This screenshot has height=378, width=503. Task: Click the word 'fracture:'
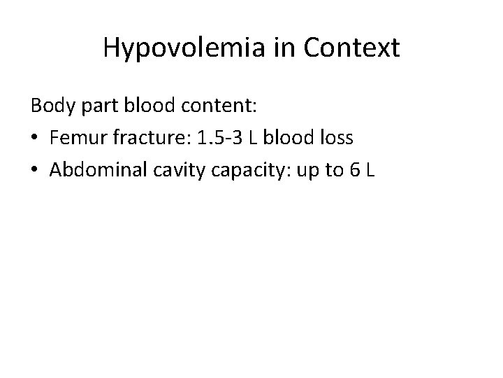[x=147, y=138]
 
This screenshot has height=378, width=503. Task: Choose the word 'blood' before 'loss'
[x=288, y=138]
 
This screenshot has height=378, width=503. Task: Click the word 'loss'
[x=335, y=138]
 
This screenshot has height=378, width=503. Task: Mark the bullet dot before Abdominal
[x=35, y=170]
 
